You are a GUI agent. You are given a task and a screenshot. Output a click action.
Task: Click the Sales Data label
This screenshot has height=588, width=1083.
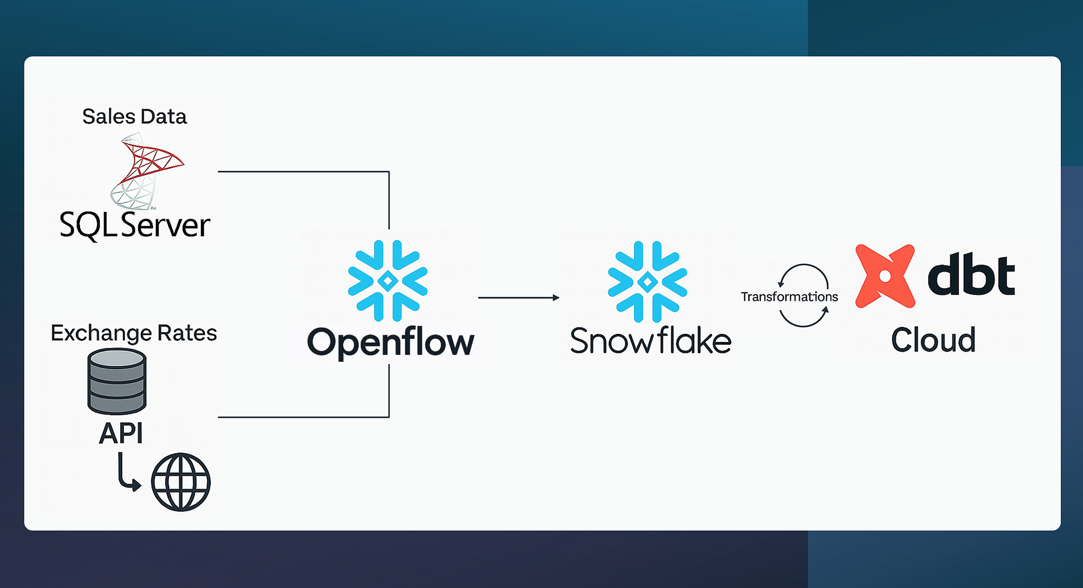click(x=134, y=117)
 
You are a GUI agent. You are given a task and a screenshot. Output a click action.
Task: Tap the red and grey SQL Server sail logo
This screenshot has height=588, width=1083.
click(x=145, y=171)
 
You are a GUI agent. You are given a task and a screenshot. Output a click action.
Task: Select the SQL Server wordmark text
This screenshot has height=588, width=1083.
click(x=134, y=225)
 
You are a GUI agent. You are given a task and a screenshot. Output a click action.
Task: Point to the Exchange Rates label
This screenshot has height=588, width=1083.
click(x=134, y=333)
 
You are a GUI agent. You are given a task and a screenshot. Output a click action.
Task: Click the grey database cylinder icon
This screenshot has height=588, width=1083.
click(x=117, y=381)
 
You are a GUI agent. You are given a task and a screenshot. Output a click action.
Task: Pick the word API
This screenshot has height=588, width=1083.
click(x=121, y=433)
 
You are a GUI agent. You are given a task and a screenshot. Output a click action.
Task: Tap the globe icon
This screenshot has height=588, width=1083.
click(x=181, y=482)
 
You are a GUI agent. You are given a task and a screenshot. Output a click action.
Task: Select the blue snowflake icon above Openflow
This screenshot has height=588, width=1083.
click(x=388, y=281)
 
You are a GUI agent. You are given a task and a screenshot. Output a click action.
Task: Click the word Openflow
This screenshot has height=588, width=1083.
click(x=390, y=342)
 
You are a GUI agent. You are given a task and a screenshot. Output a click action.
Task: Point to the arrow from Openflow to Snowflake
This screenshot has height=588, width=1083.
click(x=518, y=298)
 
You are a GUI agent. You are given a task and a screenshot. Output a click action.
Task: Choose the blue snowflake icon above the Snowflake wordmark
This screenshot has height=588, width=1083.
click(x=648, y=282)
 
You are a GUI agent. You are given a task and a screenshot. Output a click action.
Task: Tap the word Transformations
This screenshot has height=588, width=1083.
click(x=789, y=297)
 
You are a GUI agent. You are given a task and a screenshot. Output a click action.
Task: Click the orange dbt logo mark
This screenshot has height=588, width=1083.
click(x=885, y=276)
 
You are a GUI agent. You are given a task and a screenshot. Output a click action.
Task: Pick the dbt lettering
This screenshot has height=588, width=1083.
click(x=971, y=275)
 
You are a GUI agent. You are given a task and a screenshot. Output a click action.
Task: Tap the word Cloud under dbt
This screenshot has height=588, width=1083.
click(x=933, y=340)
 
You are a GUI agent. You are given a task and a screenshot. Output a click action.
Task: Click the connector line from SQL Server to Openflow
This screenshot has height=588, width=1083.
click(x=303, y=172)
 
